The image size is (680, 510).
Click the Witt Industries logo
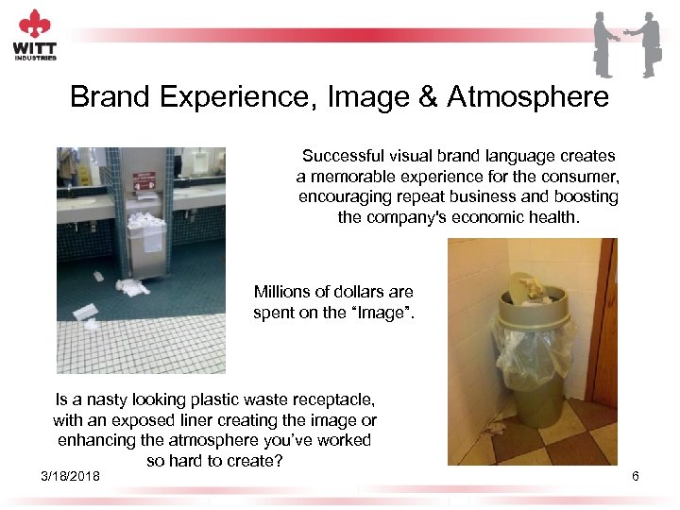[x=35, y=35]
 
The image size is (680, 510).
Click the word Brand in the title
[x=109, y=96]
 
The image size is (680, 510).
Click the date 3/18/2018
[x=70, y=475]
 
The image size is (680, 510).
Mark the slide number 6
[x=635, y=476]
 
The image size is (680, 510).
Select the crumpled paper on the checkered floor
[x=495, y=428]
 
